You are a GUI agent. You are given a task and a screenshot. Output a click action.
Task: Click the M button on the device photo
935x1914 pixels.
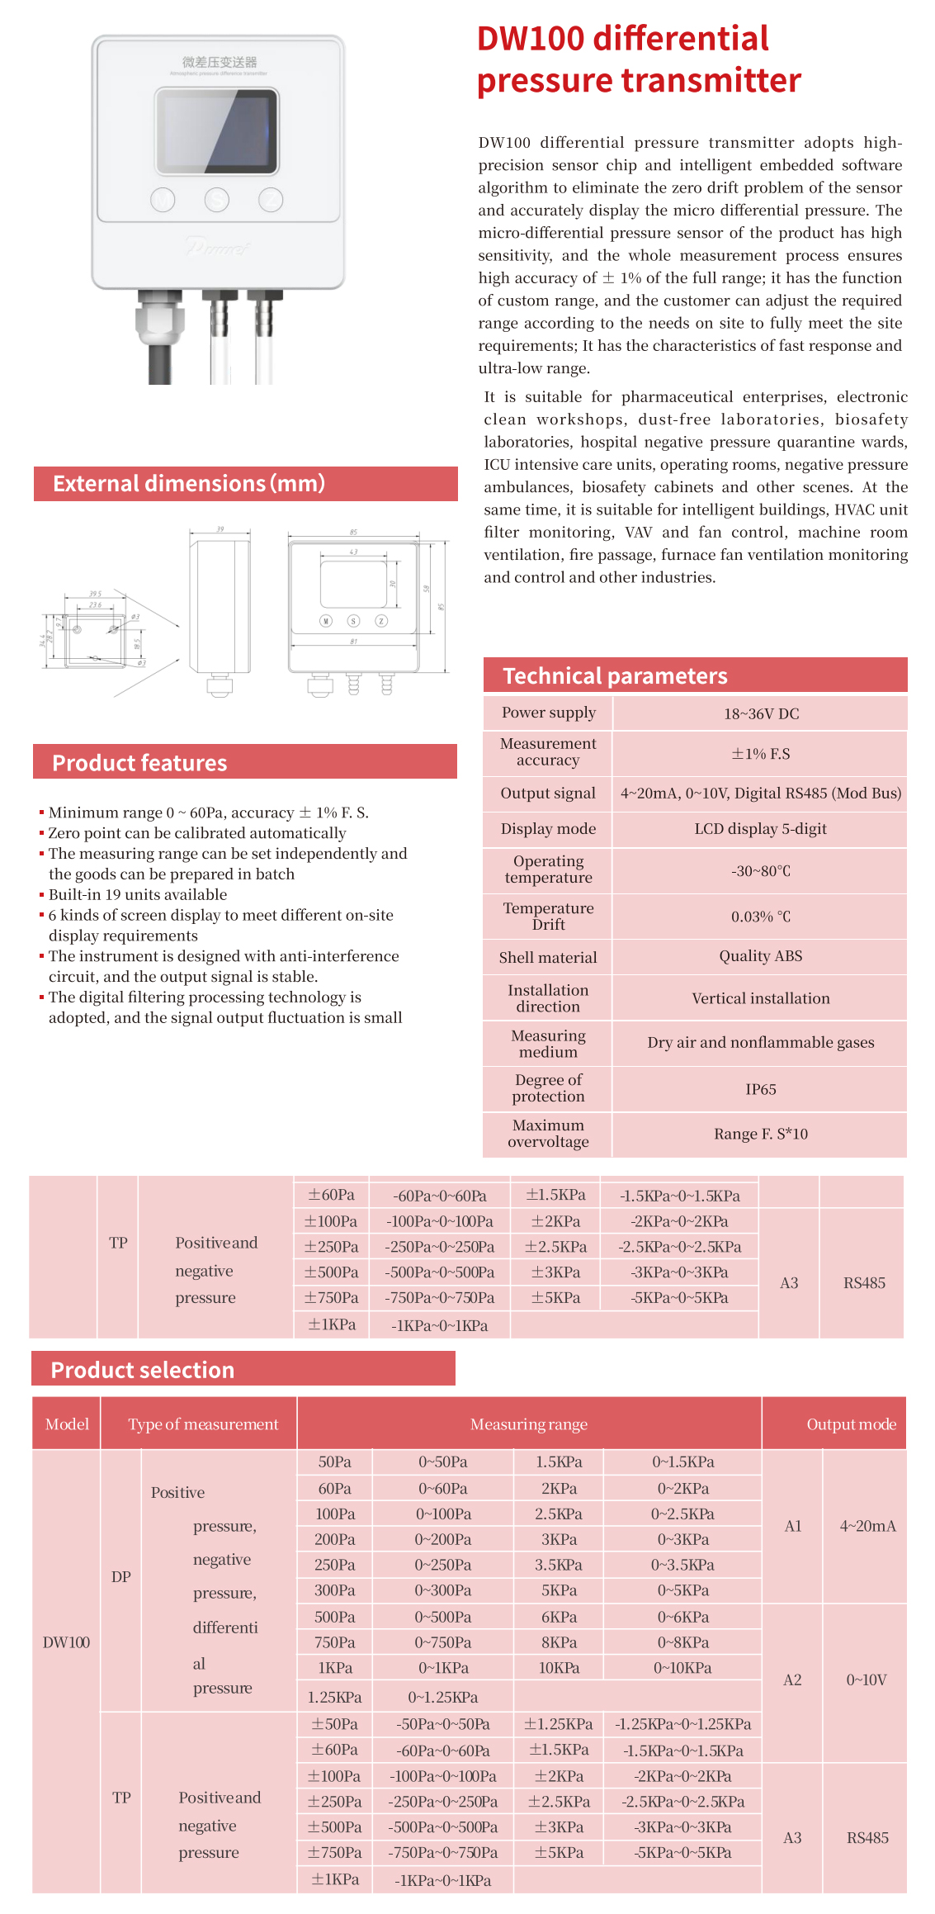tap(163, 200)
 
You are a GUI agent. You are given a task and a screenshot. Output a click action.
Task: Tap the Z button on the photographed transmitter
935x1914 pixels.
tap(271, 200)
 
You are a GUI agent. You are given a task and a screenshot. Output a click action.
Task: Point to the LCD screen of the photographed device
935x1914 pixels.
tap(217, 131)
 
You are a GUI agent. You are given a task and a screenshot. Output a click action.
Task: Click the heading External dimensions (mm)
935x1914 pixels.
tap(189, 483)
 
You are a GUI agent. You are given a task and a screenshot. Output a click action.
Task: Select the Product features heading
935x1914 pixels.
tap(139, 763)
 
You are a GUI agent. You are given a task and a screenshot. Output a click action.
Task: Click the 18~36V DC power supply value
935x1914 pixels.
tap(761, 713)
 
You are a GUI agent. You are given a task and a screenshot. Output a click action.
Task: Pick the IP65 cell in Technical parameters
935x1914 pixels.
tap(761, 1089)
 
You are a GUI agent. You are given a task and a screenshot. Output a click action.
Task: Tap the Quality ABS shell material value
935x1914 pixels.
tap(761, 956)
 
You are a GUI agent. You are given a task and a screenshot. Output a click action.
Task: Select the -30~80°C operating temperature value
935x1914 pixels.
tap(761, 871)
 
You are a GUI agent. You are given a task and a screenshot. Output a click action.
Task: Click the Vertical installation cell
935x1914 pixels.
tap(761, 998)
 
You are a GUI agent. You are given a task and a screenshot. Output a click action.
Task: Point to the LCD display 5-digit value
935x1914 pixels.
tap(761, 829)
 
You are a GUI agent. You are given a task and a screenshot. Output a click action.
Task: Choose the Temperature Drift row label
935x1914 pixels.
tap(548, 917)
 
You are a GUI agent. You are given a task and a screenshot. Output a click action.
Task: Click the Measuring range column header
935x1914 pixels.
tap(529, 1424)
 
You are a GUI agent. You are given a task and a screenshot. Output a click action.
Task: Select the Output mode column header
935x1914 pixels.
tap(851, 1424)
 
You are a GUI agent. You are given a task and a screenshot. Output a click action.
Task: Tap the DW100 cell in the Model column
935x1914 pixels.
tap(66, 1642)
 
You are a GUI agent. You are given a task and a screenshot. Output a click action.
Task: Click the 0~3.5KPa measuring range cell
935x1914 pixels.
tap(682, 1565)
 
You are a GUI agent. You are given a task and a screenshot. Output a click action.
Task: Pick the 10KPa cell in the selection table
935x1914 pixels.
tap(559, 1668)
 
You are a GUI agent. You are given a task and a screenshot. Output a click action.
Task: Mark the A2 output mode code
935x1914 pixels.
tap(792, 1679)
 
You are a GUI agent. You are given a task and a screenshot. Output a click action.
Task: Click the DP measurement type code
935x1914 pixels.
tap(121, 1576)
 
